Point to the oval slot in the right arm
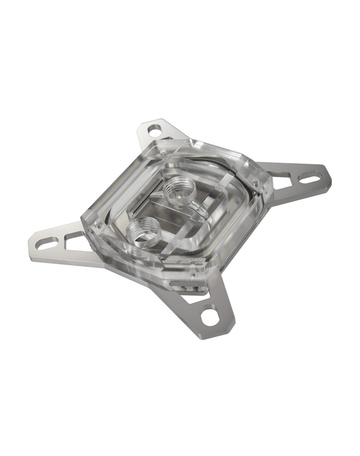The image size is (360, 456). (310, 178)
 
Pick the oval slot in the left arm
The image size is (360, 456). (47, 242)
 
